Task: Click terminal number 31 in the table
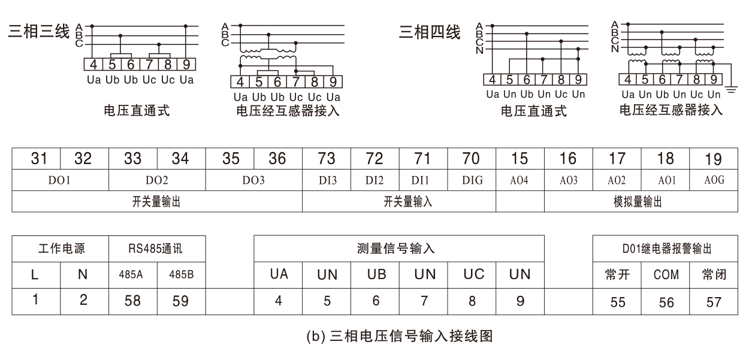pyautogui.click(x=39, y=159)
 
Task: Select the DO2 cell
pyautogui.click(x=157, y=180)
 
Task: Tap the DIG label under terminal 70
pyautogui.click(x=472, y=180)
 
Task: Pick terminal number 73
pyautogui.click(x=327, y=159)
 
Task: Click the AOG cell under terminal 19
pyautogui.click(x=714, y=180)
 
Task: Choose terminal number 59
pyautogui.click(x=180, y=301)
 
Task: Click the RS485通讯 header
pyautogui.click(x=155, y=249)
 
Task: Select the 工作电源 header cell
pyautogui.click(x=61, y=249)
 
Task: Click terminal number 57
pyautogui.click(x=714, y=302)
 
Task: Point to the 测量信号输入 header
pyautogui.click(x=396, y=249)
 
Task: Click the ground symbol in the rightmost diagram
pyautogui.click(x=731, y=90)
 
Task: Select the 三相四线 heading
pyautogui.click(x=430, y=32)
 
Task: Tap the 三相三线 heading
pyautogui.click(x=39, y=31)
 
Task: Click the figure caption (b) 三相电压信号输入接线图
pyautogui.click(x=400, y=336)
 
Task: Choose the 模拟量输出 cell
pyautogui.click(x=638, y=202)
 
